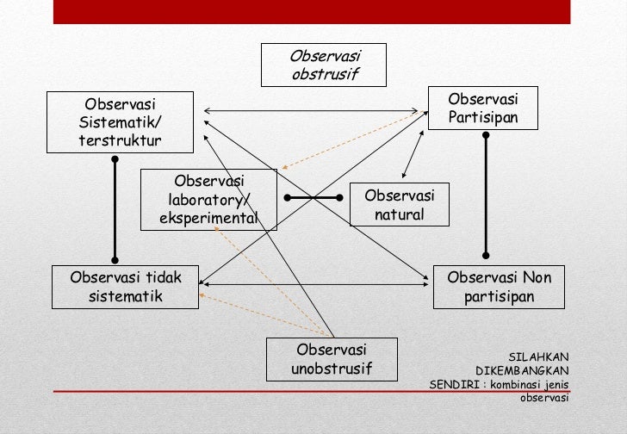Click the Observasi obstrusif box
pos(325,65)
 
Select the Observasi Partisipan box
pos(482,108)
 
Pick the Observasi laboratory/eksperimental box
pos(209,200)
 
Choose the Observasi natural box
pos(399,205)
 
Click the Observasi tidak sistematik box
pos(125,287)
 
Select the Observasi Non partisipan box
pos(500,287)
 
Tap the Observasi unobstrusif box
pos(332,359)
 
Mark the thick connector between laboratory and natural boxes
pos(313,198)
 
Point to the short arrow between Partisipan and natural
pos(413,156)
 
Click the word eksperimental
pos(208,218)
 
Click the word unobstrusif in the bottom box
pos(332,369)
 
